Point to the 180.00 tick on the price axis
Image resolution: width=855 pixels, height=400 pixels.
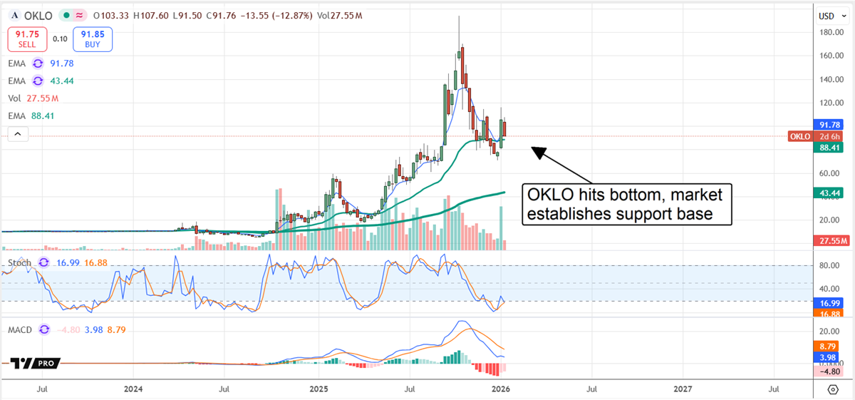[x=828, y=32]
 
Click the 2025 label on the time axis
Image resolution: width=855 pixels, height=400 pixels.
[x=318, y=389]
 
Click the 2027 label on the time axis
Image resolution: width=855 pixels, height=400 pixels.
[x=683, y=389]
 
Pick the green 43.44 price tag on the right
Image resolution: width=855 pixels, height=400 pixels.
[x=829, y=193]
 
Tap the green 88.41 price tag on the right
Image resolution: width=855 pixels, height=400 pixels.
[x=829, y=148]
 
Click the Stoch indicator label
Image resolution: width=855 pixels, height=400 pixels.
[x=19, y=263]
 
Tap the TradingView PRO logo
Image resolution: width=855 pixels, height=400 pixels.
[x=33, y=364]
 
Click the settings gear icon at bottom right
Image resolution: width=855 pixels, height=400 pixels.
[x=833, y=389]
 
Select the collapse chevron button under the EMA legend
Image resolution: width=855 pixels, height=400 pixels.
[x=18, y=133]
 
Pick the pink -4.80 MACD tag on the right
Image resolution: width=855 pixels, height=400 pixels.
[x=829, y=371]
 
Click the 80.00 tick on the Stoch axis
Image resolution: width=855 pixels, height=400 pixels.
[x=828, y=265]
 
